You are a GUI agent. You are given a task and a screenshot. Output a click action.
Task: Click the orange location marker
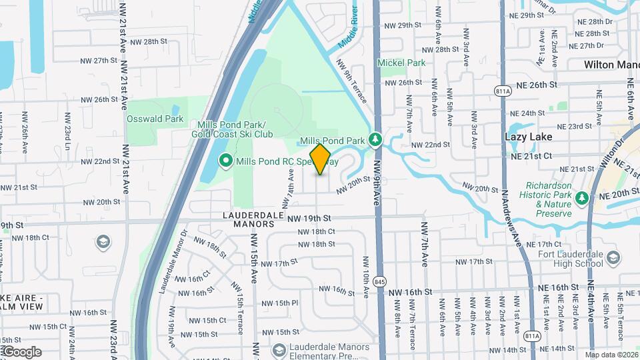321,159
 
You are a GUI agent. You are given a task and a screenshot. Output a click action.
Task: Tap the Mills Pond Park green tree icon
376,139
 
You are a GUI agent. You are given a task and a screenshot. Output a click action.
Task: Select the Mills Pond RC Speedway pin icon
225,161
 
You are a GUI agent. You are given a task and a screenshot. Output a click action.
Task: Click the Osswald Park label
155,119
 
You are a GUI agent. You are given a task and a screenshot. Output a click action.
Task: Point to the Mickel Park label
401,63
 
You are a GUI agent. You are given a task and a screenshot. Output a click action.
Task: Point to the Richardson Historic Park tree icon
582,199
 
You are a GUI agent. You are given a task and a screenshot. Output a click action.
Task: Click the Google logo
21,351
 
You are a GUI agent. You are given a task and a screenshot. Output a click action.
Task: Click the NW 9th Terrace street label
351,81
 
